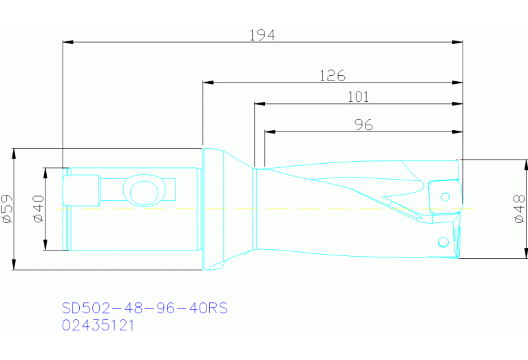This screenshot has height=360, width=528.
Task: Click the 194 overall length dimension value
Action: point(262,34)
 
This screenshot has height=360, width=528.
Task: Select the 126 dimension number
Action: point(332,75)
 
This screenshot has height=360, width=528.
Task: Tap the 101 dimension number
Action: point(357,97)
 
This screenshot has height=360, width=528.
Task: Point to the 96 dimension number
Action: point(363,124)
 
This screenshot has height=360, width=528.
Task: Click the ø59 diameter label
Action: point(8,209)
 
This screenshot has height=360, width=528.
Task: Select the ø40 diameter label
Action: point(39,209)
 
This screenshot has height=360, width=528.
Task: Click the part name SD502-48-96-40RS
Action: point(144,308)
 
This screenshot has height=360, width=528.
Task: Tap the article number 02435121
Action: point(98,324)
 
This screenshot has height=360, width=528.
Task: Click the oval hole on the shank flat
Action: point(140,190)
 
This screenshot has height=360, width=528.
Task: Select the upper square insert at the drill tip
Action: point(443,198)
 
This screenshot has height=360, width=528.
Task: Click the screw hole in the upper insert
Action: point(446,197)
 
